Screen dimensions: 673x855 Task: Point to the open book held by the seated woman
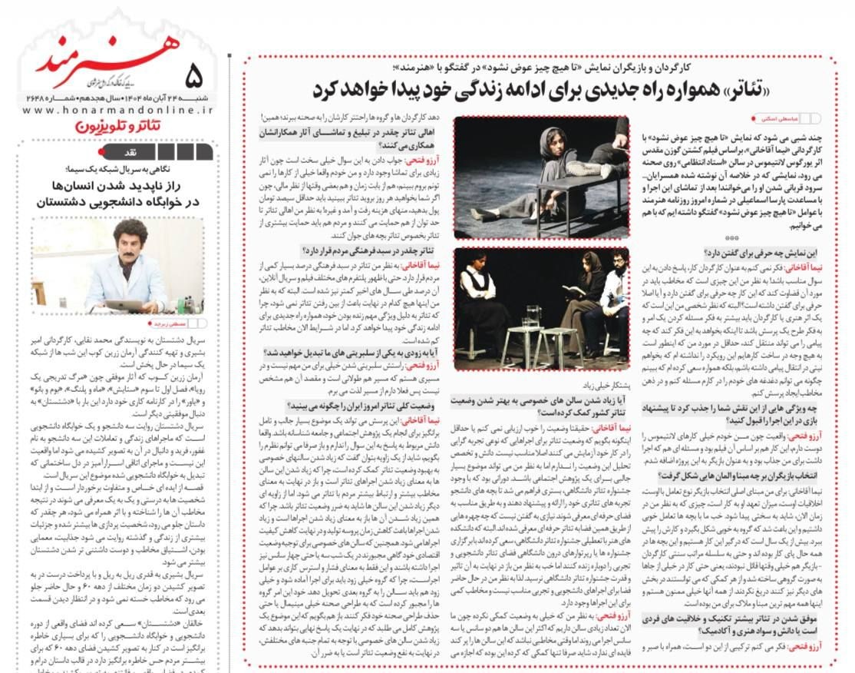pyautogui.click(x=573, y=290)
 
